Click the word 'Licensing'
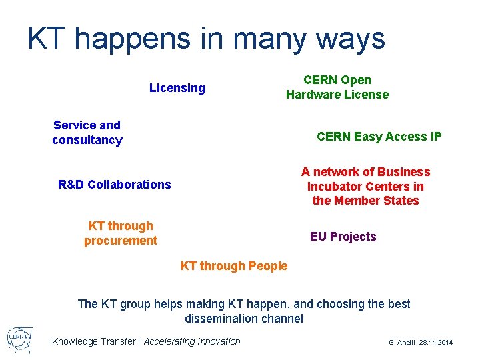pyautogui.click(x=177, y=88)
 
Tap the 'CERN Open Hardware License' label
pyautogui.click(x=337, y=87)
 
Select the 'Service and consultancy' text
pyautogui.click(x=87, y=133)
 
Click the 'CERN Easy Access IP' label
pyautogui.click(x=379, y=137)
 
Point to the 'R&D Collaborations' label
pyautogui.click(x=115, y=185)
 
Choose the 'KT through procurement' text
pyautogui.click(x=121, y=233)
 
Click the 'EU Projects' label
pyautogui.click(x=343, y=237)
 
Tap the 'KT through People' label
pyautogui.click(x=234, y=266)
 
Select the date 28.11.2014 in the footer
pyautogui.click(x=437, y=342)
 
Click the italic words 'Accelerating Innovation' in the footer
pyautogui.click(x=192, y=341)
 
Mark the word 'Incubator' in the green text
pyautogui.click(x=332, y=187)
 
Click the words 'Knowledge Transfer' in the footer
pyautogui.click(x=93, y=341)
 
